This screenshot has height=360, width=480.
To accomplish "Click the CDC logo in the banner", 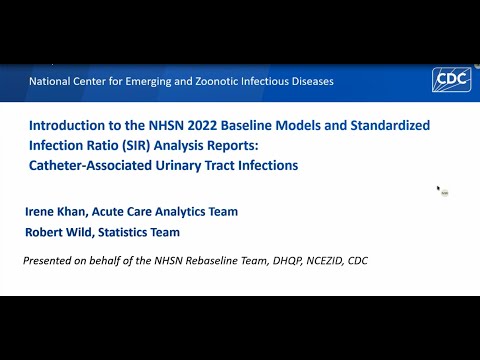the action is pyautogui.click(x=452, y=79).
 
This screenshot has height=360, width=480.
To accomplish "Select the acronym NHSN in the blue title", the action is pyautogui.click(x=166, y=126).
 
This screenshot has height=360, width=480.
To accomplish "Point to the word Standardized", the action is pyautogui.click(x=390, y=126).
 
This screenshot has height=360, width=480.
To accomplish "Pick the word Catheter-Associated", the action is pyautogui.click(x=90, y=165).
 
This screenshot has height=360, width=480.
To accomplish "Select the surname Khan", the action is pyautogui.click(x=73, y=212).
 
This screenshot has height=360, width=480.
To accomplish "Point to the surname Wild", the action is pyautogui.click(x=80, y=232).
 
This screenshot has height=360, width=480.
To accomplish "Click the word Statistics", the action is pyautogui.click(x=122, y=232).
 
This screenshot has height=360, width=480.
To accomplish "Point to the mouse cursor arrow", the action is pyautogui.click(x=439, y=188).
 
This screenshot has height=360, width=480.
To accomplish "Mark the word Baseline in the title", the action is pyautogui.click(x=246, y=126).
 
